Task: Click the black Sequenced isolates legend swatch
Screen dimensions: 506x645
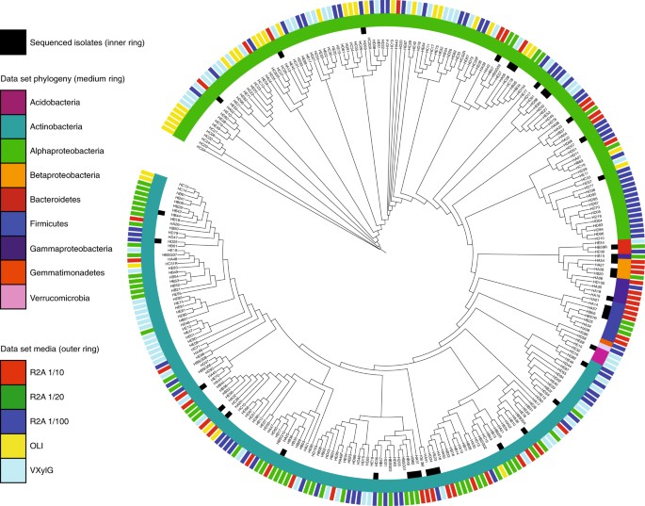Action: (x=13, y=41)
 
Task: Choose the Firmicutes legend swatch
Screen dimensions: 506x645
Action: (x=13, y=223)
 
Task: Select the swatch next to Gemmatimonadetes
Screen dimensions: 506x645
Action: (x=13, y=272)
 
